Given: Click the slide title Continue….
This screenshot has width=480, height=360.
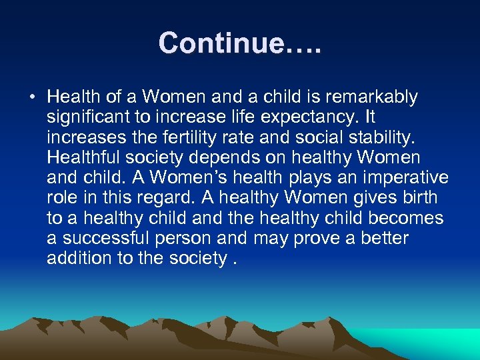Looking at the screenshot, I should click(x=240, y=43).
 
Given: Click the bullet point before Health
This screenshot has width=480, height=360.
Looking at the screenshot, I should click(x=32, y=97).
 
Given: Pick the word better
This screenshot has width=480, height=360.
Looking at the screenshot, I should click(x=382, y=238).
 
